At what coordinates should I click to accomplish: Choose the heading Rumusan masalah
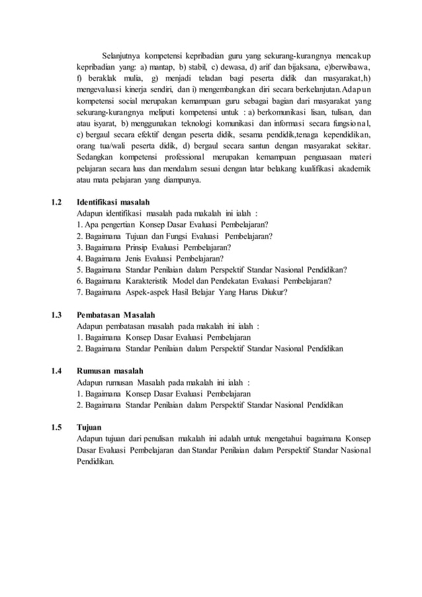pyautogui.click(x=110, y=371)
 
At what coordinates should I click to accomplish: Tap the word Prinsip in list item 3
pyautogui.click(x=137, y=247)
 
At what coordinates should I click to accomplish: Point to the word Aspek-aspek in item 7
pyautogui.click(x=147, y=292)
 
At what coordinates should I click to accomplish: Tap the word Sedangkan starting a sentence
pyautogui.click(x=97, y=157)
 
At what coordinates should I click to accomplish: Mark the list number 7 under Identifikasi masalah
pyautogui.click(x=79, y=292)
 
